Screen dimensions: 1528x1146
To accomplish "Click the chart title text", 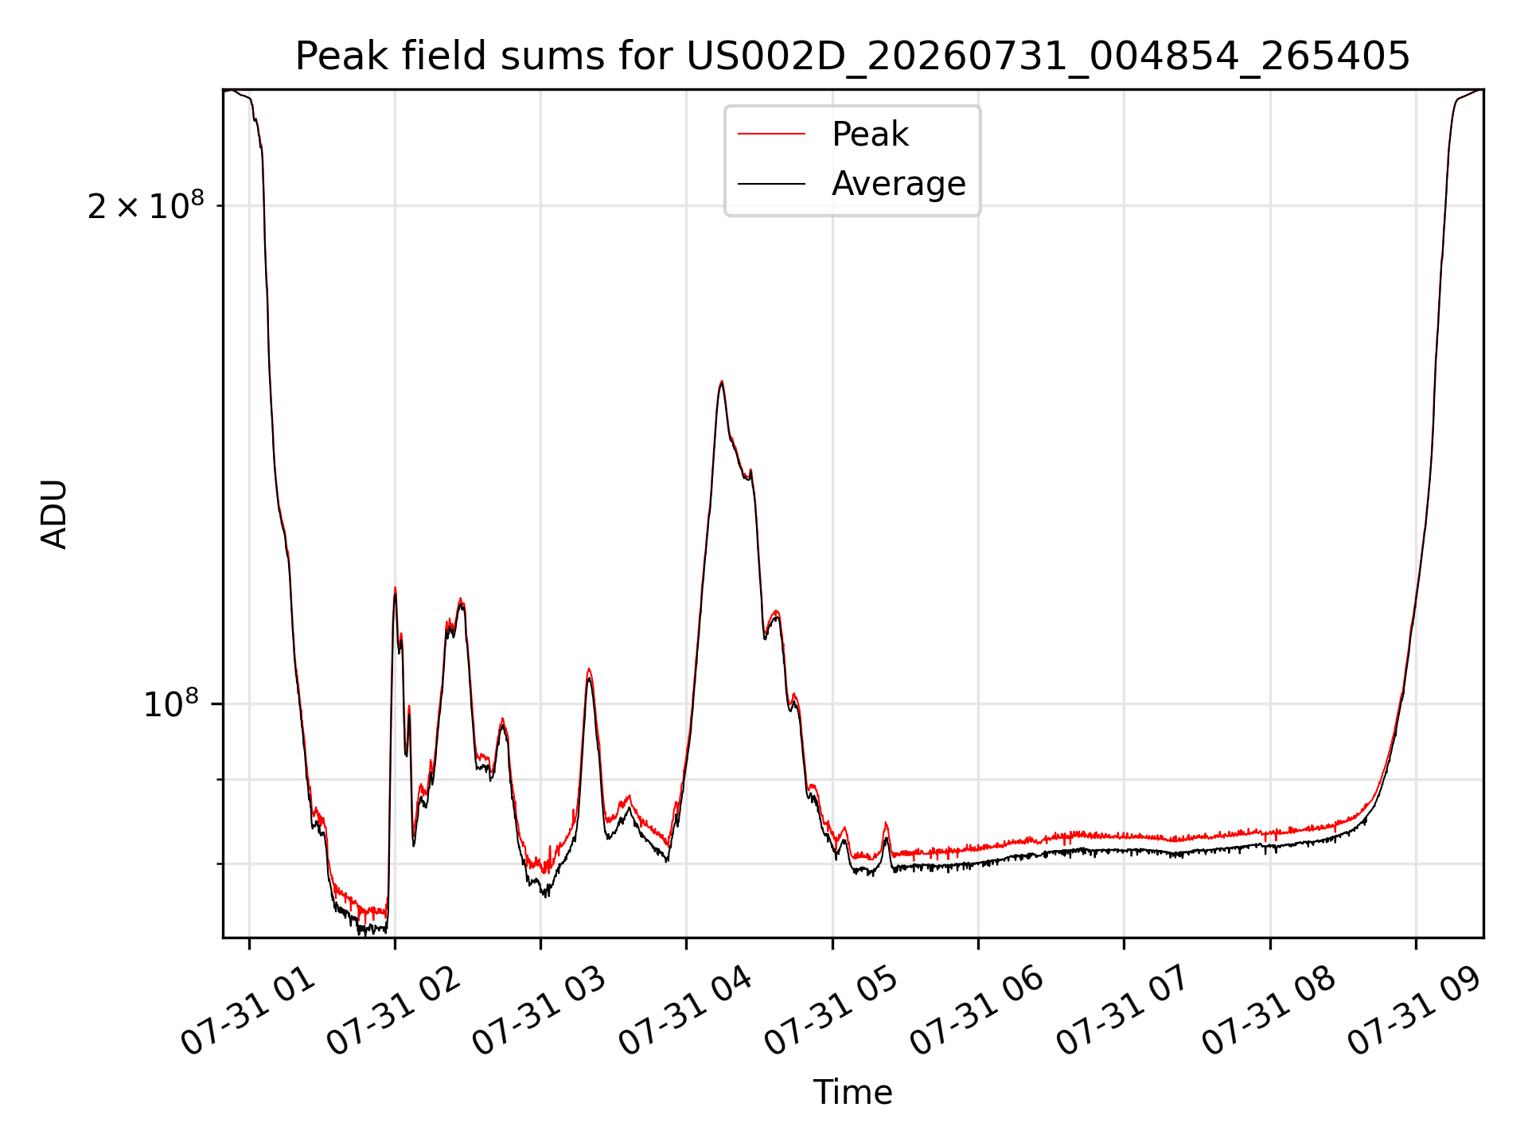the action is [x=852, y=57].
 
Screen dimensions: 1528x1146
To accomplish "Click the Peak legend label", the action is [x=870, y=134].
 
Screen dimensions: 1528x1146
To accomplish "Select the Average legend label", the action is [x=898, y=184].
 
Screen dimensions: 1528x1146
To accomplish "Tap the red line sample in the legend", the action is [x=771, y=134].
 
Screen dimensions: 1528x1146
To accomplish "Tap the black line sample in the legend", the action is [x=771, y=184].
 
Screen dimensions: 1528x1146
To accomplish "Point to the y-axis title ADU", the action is [x=54, y=514].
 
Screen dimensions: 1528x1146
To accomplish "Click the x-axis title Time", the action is [x=852, y=1093].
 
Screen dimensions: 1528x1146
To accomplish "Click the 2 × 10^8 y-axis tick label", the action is [x=146, y=205].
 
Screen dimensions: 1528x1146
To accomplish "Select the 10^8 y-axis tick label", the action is [x=170, y=703].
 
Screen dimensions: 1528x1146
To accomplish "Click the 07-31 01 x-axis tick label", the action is [x=248, y=1009].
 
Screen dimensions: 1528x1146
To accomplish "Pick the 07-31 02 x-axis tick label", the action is [x=394, y=1009].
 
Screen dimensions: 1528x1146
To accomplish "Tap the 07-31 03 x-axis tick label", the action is [x=540, y=1009].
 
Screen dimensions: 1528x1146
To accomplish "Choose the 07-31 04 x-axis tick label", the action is [x=685, y=1009].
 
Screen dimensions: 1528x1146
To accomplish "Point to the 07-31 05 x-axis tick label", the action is [x=832, y=1009].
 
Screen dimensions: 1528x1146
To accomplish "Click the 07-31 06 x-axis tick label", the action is [x=977, y=1009].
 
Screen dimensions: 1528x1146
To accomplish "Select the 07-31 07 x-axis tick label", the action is [x=1123, y=1009].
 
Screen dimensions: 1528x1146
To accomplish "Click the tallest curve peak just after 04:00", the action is [x=721, y=382].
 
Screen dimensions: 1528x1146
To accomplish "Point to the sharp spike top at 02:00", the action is [x=395, y=589].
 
